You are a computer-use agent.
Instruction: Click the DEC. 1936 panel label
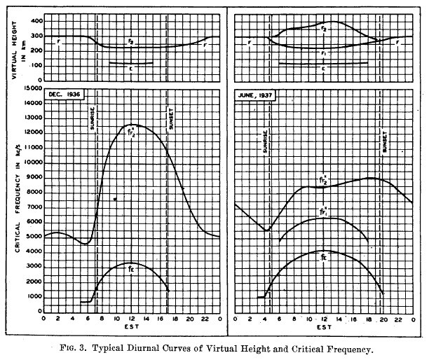point(64,93)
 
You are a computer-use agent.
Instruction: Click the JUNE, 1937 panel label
point(254,93)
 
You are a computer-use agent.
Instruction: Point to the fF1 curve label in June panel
point(323,209)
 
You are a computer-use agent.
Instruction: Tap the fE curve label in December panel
point(131,268)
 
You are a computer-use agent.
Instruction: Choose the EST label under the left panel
point(132,326)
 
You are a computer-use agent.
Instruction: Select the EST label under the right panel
point(323,326)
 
